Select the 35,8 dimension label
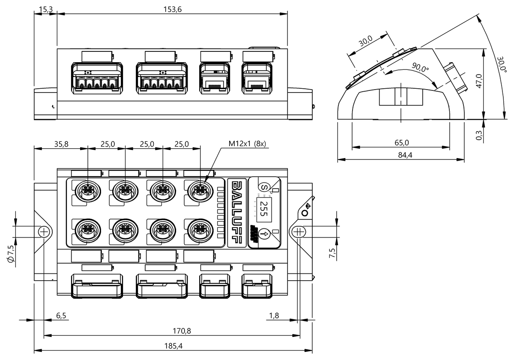pos(60,144)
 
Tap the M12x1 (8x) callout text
pos(247,144)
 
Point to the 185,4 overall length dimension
pos(173,345)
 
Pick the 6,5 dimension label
pos(61,315)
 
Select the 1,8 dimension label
pos(274,315)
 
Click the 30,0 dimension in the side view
pos(365,42)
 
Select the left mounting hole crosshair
pos(44,232)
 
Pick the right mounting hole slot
pos(299,232)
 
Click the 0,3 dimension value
pos(479,135)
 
